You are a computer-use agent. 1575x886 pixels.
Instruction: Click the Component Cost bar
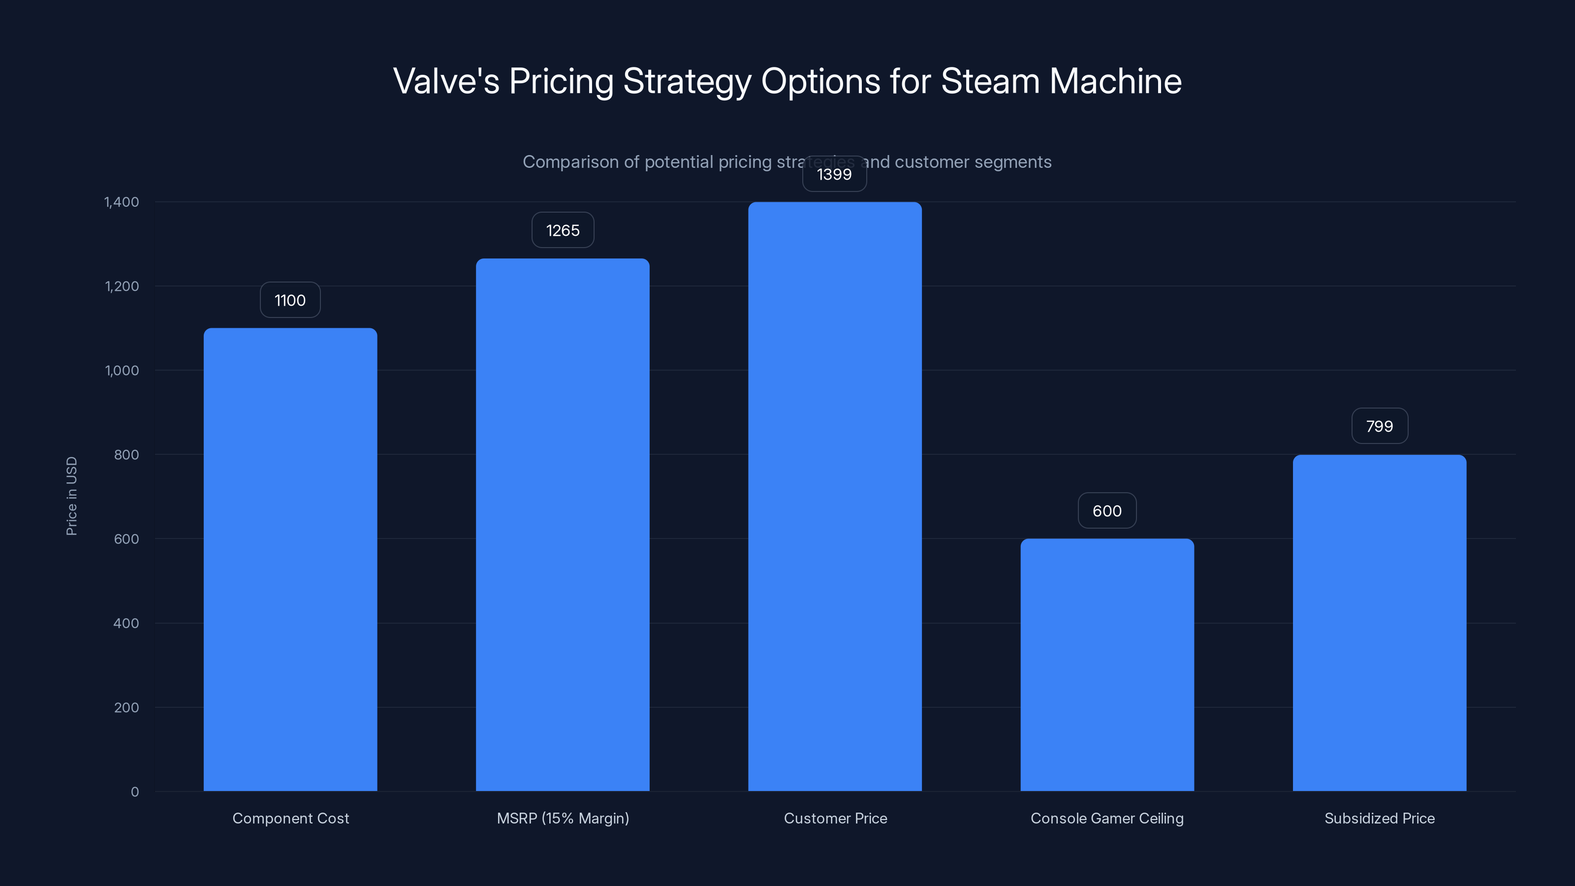290,560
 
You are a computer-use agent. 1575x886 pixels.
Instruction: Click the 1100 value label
290,300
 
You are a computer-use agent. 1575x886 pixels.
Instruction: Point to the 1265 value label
563,230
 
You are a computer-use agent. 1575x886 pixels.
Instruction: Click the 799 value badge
1379,426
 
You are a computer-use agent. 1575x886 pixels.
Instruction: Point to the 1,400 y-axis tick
122,202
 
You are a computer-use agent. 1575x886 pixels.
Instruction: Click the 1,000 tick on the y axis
122,371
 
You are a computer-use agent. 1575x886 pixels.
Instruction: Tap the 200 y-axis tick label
126,707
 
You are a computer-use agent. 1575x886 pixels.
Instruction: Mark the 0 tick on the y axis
134,792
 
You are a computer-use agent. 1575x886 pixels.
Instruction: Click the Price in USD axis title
71,496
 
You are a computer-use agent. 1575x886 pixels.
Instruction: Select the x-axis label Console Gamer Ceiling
1106,818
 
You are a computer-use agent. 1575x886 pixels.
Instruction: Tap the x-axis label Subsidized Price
1379,818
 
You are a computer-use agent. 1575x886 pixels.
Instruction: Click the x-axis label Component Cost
290,818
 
